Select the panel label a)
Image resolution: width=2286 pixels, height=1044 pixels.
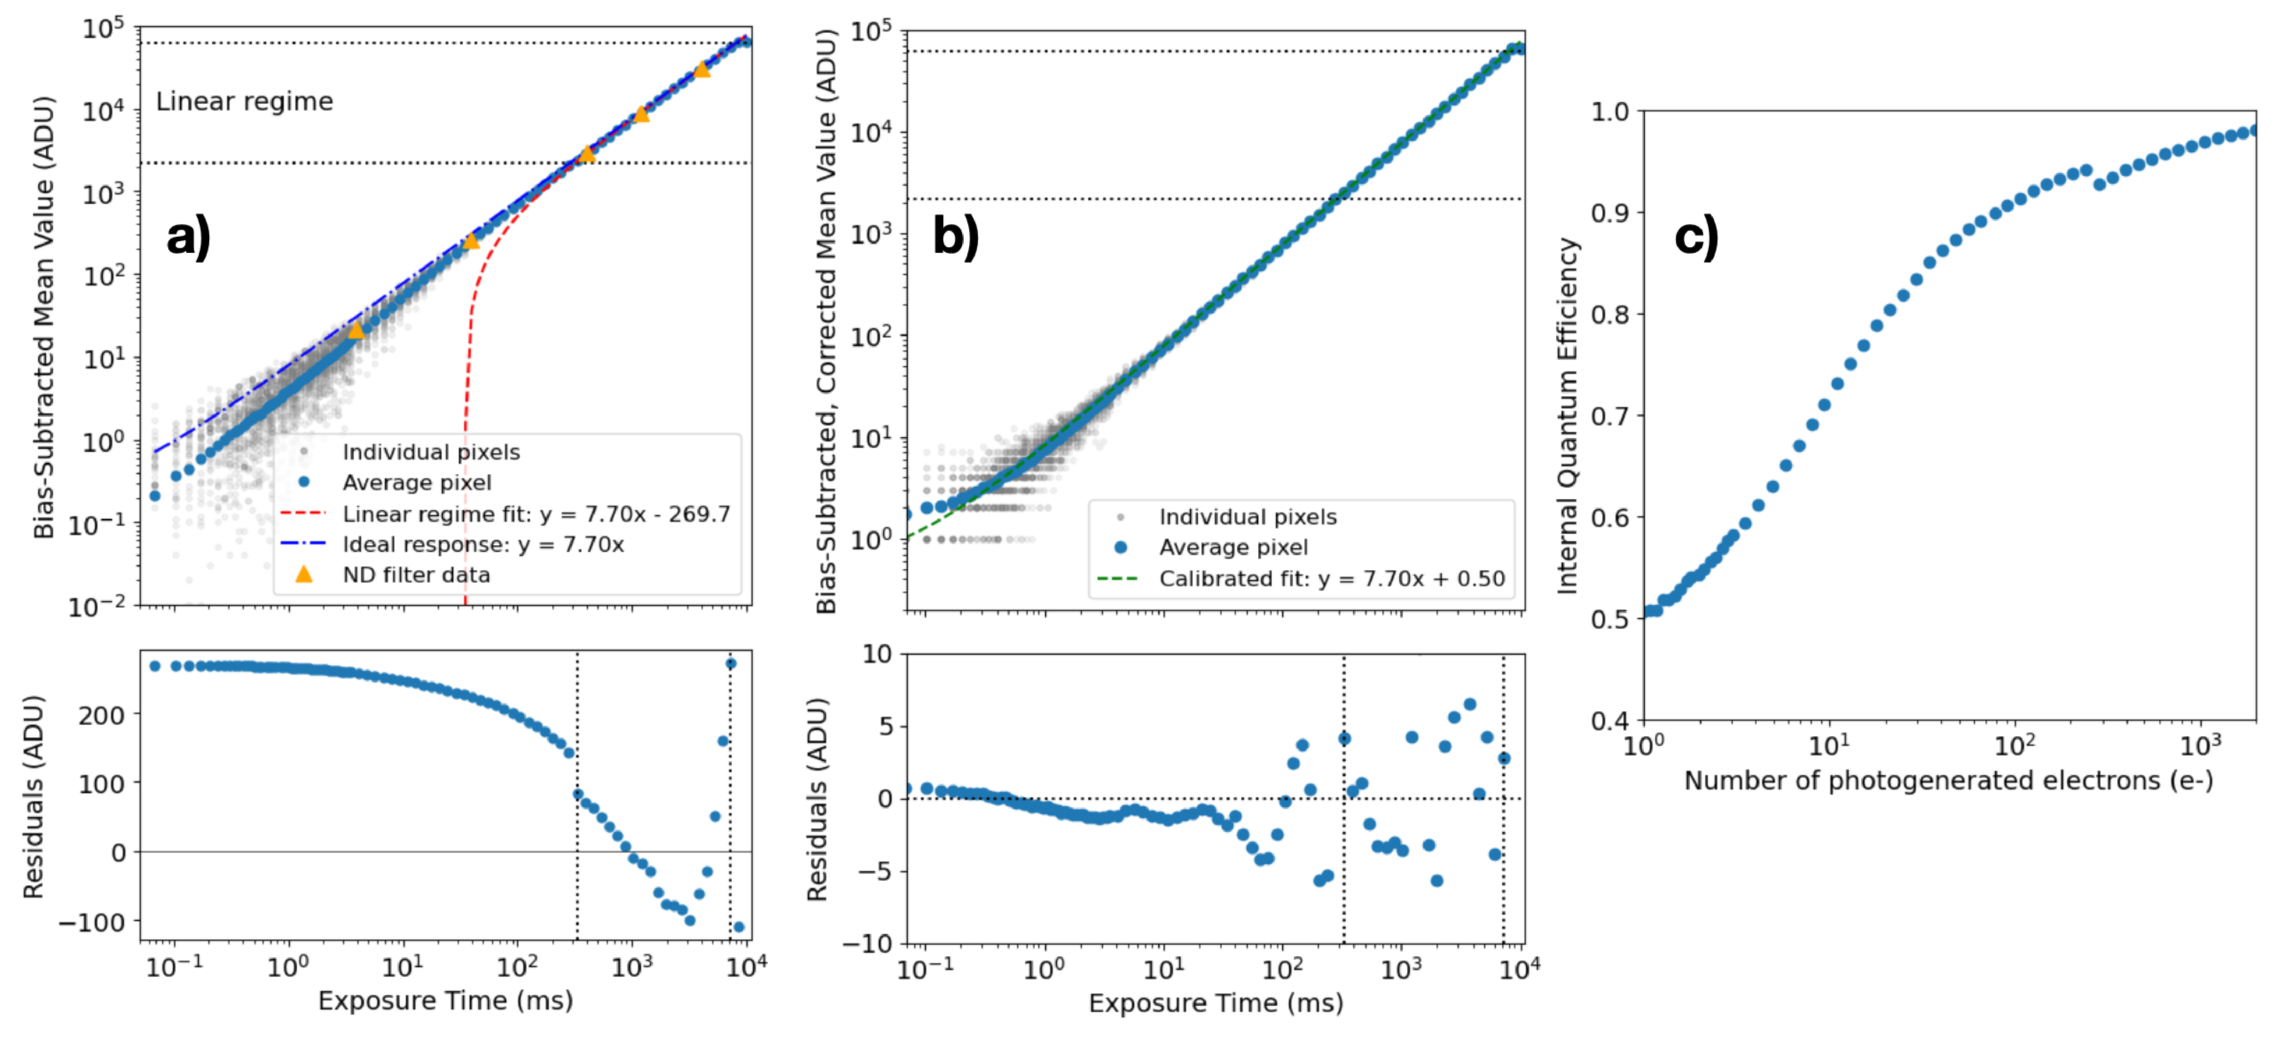point(188,237)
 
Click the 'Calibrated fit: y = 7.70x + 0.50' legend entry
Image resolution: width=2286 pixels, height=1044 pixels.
point(1331,579)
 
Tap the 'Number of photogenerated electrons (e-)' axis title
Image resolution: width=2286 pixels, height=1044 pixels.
point(1948,780)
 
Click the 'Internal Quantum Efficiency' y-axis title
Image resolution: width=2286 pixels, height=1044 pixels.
point(1568,416)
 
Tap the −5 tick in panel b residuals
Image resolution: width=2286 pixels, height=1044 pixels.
point(874,871)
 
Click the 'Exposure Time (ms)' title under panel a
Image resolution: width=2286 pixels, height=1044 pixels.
point(445,1001)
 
